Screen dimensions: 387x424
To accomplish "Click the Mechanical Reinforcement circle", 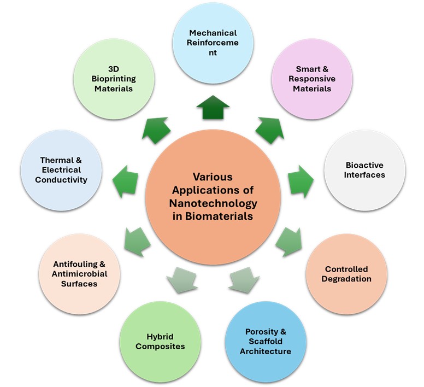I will (213, 43).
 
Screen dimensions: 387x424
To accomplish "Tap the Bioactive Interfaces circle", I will (365, 170).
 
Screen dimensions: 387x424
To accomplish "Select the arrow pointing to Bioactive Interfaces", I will (300, 175).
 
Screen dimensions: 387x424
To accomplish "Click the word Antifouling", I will (76, 264).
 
